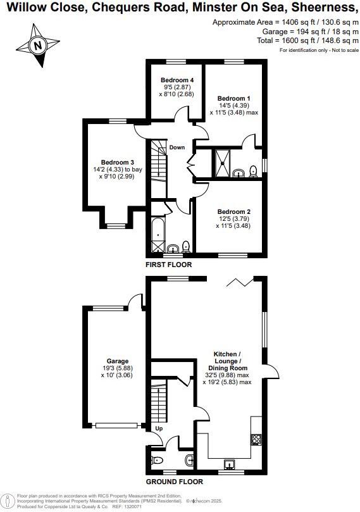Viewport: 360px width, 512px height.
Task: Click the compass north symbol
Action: [37, 45]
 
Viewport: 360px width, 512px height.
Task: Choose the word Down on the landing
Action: [177, 147]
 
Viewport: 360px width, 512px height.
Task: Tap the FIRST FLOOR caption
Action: [168, 265]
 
